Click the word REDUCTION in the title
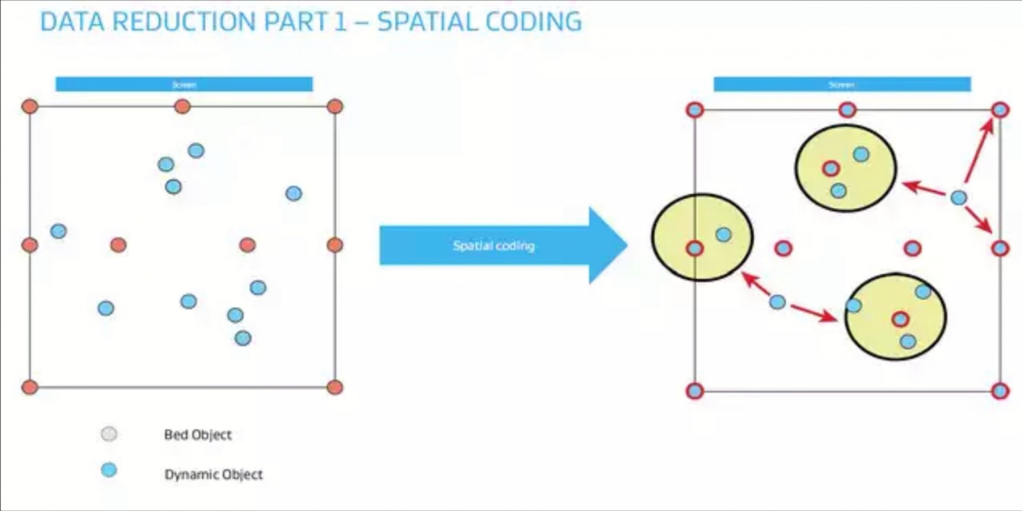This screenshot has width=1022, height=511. point(184,22)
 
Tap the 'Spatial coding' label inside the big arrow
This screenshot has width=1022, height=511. point(493,246)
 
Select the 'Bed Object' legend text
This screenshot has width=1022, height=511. point(197,435)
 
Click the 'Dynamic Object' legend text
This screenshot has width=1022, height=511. point(213,474)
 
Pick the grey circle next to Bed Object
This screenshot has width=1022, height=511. point(109,434)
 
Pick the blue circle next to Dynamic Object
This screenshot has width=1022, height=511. point(109,470)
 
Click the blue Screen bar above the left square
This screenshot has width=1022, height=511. point(184,84)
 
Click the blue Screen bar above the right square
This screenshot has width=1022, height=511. point(842,84)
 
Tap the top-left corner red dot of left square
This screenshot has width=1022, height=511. point(30,107)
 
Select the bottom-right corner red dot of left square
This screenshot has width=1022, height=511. point(335,387)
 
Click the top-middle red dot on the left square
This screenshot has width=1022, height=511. point(182,107)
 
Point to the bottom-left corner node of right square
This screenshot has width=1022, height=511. point(695,391)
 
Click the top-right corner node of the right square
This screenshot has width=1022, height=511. point(1000,110)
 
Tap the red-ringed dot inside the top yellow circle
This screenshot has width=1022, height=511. point(830,169)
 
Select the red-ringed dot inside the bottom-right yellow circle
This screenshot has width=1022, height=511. point(900,319)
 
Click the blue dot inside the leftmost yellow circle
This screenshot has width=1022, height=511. point(723,234)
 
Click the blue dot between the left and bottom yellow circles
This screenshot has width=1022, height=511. point(777,302)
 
